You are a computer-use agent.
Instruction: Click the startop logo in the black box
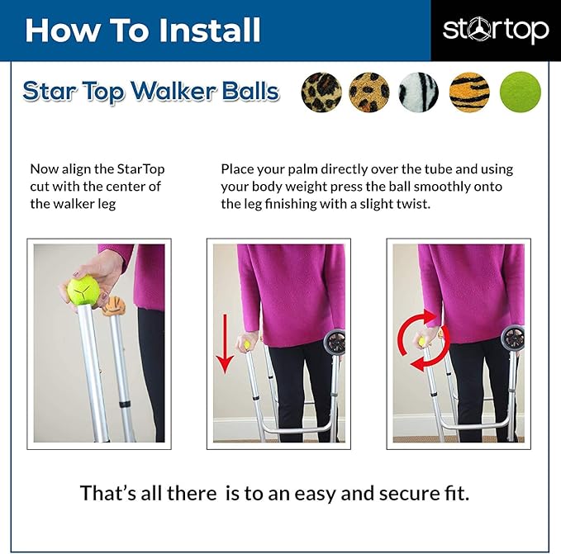tap(496, 30)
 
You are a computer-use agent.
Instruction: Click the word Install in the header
tap(209, 31)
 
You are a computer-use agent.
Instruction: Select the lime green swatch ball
tap(521, 92)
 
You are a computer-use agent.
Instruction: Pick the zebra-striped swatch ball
tap(419, 92)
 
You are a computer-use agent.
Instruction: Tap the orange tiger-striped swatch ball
tap(469, 92)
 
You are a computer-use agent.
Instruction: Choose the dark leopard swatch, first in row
tap(321, 92)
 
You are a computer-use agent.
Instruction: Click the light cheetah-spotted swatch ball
tap(368, 92)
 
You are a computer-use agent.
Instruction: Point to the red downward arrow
tap(225, 343)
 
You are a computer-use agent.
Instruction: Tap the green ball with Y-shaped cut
tap(83, 291)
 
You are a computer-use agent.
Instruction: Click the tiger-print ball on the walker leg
tap(113, 306)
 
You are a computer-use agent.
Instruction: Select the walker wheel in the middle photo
tap(335, 343)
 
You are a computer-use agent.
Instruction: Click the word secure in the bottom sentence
tap(398, 494)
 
